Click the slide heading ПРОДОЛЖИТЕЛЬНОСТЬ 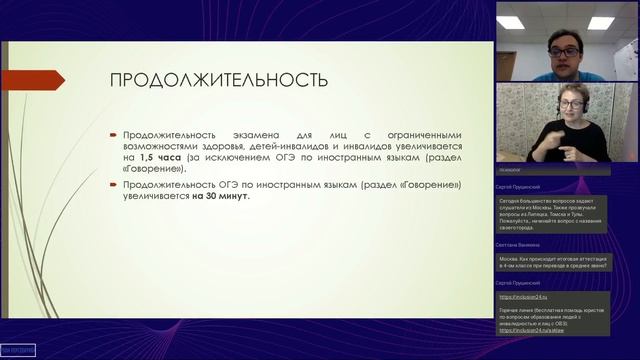[217, 80]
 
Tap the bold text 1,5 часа [160, 158]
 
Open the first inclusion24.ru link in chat [518, 296]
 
